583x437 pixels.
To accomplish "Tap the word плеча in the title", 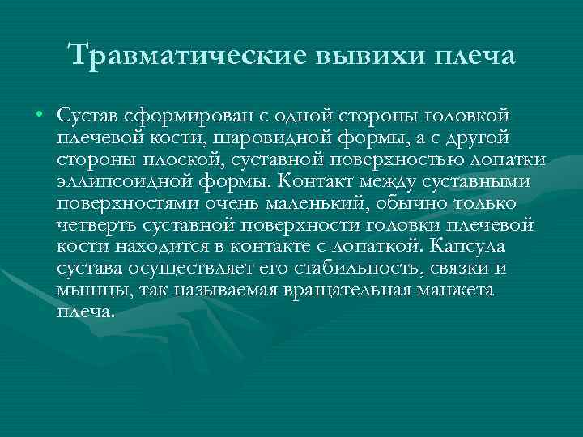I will tap(474, 56).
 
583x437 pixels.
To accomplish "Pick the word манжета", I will tap(454, 289).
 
